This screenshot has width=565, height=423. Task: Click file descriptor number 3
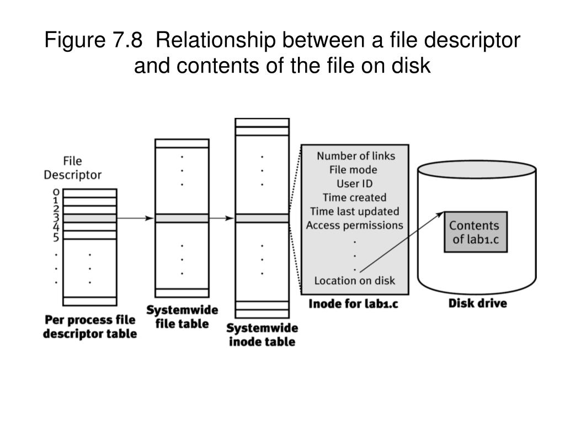click(x=56, y=218)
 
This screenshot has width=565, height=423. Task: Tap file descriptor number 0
click(x=56, y=192)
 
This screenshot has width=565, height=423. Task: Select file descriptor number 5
click(x=56, y=237)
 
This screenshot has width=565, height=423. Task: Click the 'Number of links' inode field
click(x=355, y=156)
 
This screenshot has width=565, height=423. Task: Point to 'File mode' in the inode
click(x=353, y=170)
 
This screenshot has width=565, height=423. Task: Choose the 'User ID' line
click(x=355, y=183)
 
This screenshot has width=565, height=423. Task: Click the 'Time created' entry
click(x=354, y=197)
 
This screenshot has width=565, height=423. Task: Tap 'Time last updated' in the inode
click(x=354, y=211)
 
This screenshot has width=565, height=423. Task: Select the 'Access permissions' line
click(x=354, y=225)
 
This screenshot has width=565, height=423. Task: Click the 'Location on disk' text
click(x=354, y=280)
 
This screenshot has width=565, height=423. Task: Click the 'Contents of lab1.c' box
click(x=476, y=232)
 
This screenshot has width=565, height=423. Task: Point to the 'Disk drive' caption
click(x=477, y=303)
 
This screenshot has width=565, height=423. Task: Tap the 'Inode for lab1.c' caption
click(x=353, y=303)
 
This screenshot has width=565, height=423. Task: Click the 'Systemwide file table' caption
click(x=182, y=316)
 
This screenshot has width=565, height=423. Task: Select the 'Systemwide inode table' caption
click(x=262, y=335)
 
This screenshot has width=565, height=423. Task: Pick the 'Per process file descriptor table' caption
click(x=90, y=327)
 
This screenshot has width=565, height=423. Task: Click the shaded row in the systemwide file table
click(x=182, y=218)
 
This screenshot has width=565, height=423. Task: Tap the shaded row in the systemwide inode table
click(x=262, y=218)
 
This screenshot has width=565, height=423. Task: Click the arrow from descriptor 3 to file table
click(x=135, y=218)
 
